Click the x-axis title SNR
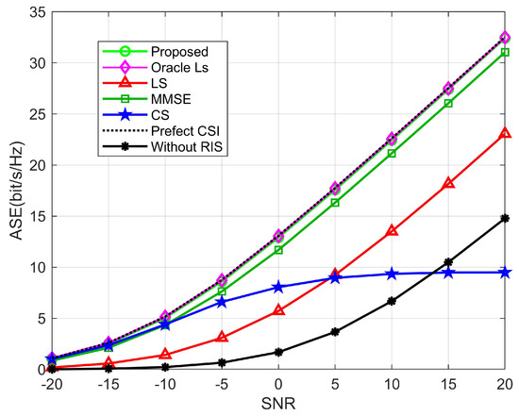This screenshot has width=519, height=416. pos(278,405)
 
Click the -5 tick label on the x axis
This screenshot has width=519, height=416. pos(221,384)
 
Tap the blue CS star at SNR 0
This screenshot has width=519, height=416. pos(278,287)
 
